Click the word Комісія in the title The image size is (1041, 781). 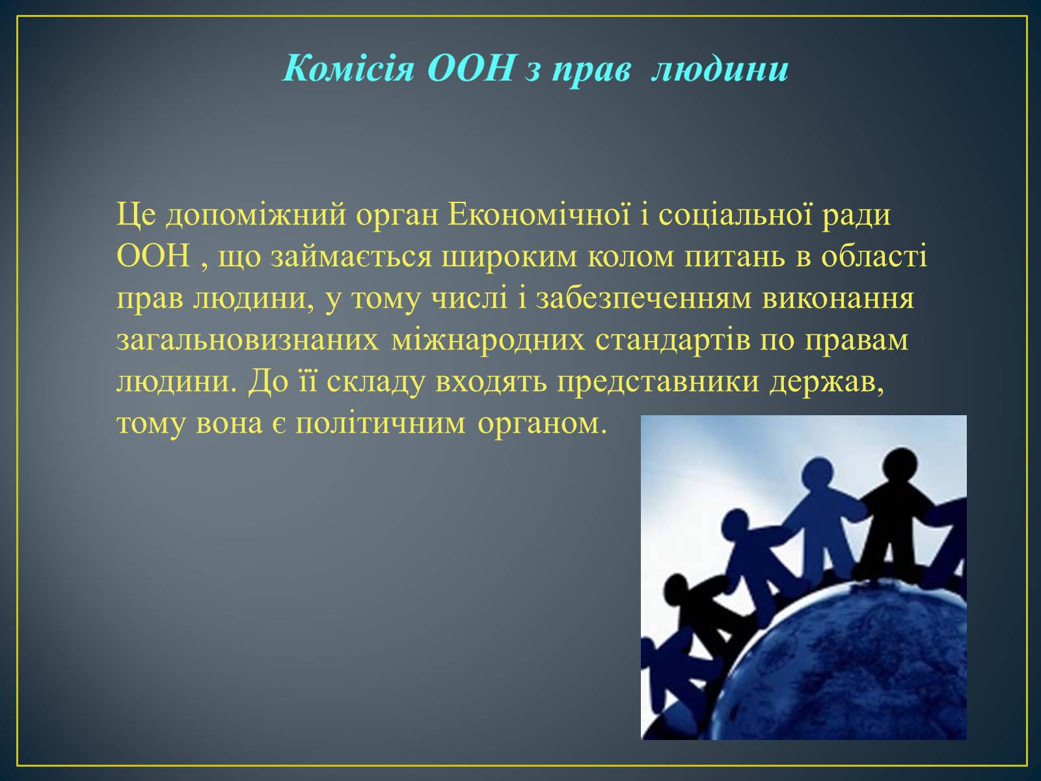click(349, 68)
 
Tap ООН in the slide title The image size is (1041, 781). click(470, 68)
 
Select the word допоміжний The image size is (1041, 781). click(256, 215)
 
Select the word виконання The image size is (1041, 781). click(838, 299)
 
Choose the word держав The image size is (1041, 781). click(827, 382)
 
